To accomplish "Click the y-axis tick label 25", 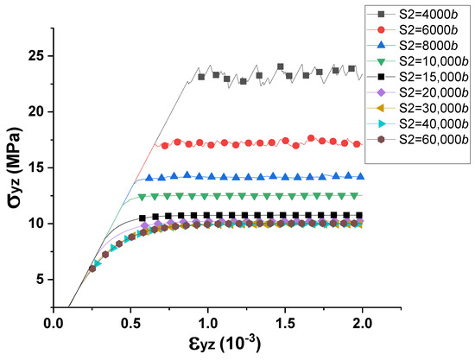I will [35, 56].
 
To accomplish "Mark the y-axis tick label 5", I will [39, 279].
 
